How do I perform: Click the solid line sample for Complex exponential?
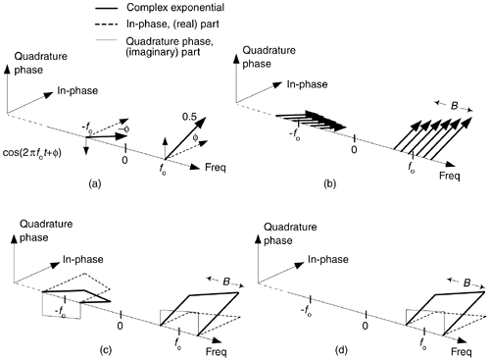(106, 8)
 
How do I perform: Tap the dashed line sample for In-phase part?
(106, 25)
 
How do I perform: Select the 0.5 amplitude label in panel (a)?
(189, 117)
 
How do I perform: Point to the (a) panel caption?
(95, 184)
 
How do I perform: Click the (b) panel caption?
(329, 184)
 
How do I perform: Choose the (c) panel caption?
(105, 350)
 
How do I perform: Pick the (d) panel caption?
(341, 350)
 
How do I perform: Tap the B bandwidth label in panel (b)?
(454, 106)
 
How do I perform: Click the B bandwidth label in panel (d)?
(467, 283)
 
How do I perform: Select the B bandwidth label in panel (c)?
(226, 282)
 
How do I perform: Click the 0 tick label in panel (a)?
(124, 160)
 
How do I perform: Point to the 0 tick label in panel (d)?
(366, 326)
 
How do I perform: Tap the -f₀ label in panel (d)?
(306, 311)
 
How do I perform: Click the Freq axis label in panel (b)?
(450, 176)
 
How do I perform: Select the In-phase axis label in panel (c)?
(83, 259)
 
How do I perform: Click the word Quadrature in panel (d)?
(290, 227)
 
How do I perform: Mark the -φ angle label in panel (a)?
(123, 129)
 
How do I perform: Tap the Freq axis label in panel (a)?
(216, 168)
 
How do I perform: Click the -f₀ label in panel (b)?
(295, 134)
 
